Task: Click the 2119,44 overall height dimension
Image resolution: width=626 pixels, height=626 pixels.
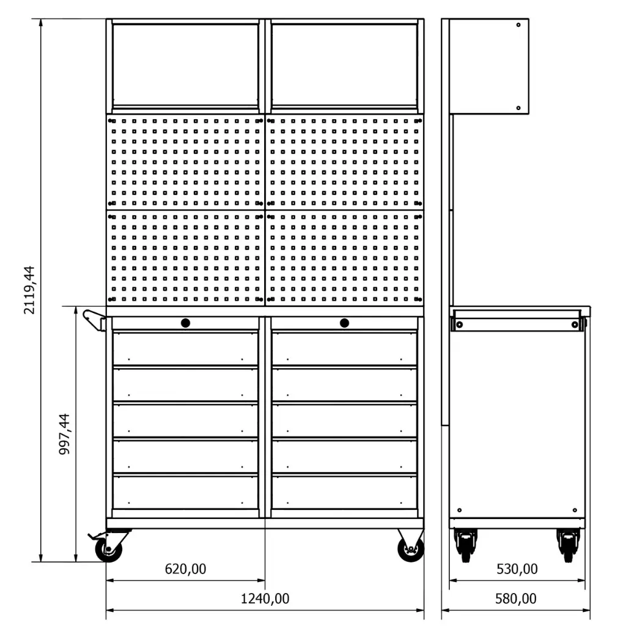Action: coord(29,290)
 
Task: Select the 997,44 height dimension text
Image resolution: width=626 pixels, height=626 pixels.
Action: coord(64,434)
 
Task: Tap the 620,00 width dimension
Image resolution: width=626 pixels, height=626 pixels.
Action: coord(186,569)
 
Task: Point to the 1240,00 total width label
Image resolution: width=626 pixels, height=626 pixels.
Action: coord(265,598)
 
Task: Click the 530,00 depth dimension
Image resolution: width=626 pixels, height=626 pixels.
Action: coord(517,569)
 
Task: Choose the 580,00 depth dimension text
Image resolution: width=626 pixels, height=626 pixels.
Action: coord(516,598)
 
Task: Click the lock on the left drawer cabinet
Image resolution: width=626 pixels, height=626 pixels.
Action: coord(185,323)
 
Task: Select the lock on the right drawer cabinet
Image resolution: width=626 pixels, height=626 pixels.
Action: coord(345,323)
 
